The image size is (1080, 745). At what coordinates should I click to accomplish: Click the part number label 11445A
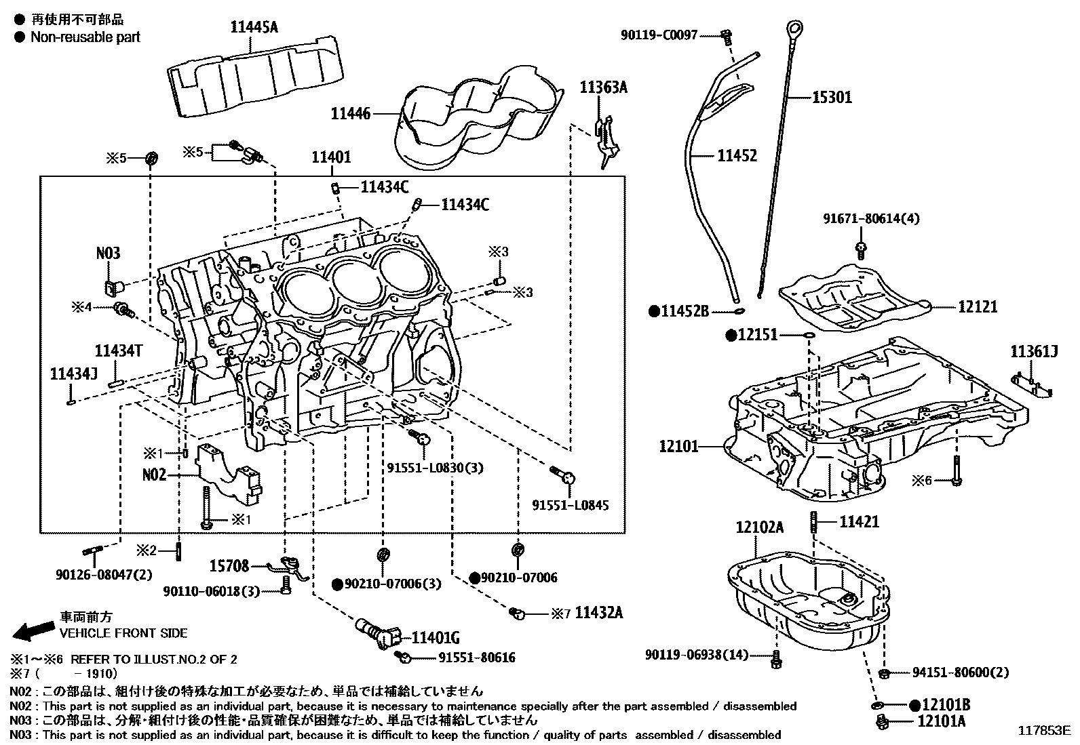[x=254, y=27]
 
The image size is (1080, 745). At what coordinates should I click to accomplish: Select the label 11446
[x=351, y=114]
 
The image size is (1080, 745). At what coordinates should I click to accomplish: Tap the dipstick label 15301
[x=832, y=98]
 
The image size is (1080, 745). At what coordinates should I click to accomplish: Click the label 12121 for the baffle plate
[x=978, y=307]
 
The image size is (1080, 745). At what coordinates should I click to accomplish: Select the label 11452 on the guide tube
[x=737, y=156]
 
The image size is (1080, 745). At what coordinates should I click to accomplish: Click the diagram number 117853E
[x=1044, y=731]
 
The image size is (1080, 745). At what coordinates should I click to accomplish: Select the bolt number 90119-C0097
[x=658, y=35]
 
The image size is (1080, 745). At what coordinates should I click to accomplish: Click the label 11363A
[x=603, y=87]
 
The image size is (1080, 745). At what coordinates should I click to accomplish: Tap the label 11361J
[x=1034, y=352]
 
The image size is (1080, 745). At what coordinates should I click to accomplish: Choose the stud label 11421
[x=859, y=521]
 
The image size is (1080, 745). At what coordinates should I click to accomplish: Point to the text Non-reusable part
[x=85, y=37]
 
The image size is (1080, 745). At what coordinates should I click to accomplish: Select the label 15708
[x=229, y=565]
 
